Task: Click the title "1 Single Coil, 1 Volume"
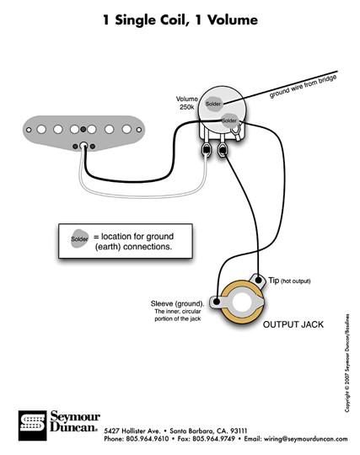coord(180,20)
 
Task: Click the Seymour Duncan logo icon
coord(33,426)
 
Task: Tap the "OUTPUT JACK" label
coord(293,324)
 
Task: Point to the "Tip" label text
coord(274,281)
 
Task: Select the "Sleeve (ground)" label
coord(177,303)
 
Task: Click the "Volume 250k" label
coord(186,103)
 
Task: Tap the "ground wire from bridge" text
coord(304,86)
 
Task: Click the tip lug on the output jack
coord(258,281)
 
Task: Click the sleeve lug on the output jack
coord(217,302)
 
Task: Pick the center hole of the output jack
coord(242,302)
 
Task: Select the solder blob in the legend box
coord(79,238)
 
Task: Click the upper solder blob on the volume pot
coord(213,104)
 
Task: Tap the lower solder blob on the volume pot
coord(229,120)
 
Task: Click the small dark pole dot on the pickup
coord(83,129)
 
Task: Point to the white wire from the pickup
coord(143,195)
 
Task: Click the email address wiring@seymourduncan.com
coord(306,439)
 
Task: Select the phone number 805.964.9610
coord(147,439)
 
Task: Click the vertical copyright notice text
coord(347,363)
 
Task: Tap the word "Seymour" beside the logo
coord(75,417)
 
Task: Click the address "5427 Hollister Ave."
coord(132,431)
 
